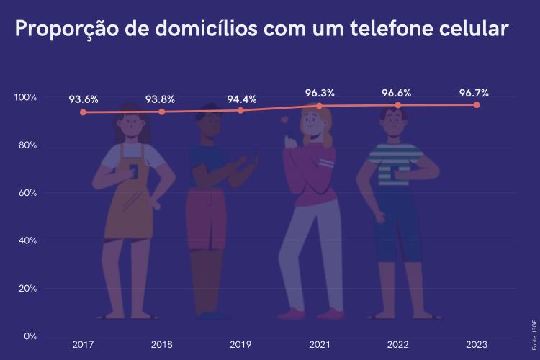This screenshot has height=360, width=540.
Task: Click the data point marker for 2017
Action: (x=83, y=112)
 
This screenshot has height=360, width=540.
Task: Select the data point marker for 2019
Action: (x=240, y=110)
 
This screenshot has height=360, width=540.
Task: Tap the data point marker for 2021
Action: (x=320, y=106)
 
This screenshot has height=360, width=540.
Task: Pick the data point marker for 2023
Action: (x=477, y=105)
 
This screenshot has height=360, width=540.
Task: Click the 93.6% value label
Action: (x=84, y=99)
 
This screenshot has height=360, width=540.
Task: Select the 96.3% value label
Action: (x=320, y=93)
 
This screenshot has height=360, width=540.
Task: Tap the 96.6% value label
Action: (x=397, y=93)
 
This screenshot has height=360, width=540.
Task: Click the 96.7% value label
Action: (x=474, y=93)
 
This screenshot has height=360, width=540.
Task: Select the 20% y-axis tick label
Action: (x=27, y=288)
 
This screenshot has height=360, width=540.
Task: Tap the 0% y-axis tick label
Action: (x=30, y=336)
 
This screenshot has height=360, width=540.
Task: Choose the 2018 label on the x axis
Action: (x=161, y=345)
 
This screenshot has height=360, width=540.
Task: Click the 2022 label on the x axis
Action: (x=397, y=345)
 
